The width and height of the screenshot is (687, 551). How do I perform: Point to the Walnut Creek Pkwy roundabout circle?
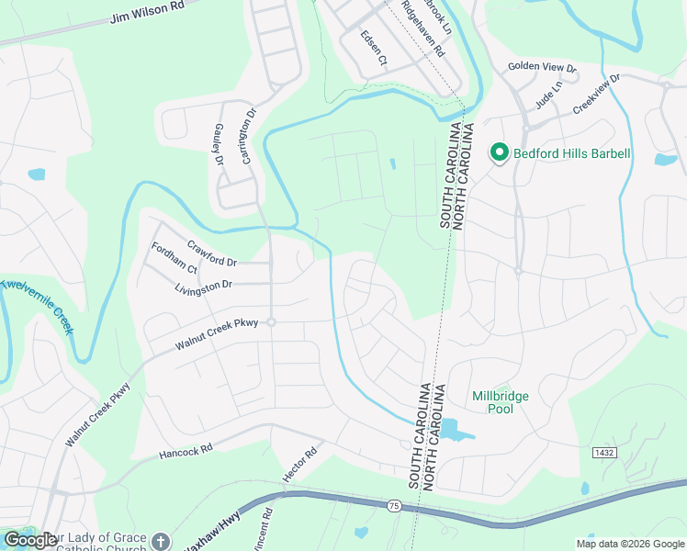[x=271, y=322]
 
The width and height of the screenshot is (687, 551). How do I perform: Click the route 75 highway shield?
[x=393, y=506]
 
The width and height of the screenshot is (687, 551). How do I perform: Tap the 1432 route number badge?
[x=603, y=453]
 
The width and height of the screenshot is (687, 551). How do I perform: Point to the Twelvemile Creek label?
[x=37, y=307]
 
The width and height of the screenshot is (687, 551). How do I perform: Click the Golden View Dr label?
[x=542, y=68]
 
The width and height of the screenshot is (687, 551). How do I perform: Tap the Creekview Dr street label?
[x=596, y=95]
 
